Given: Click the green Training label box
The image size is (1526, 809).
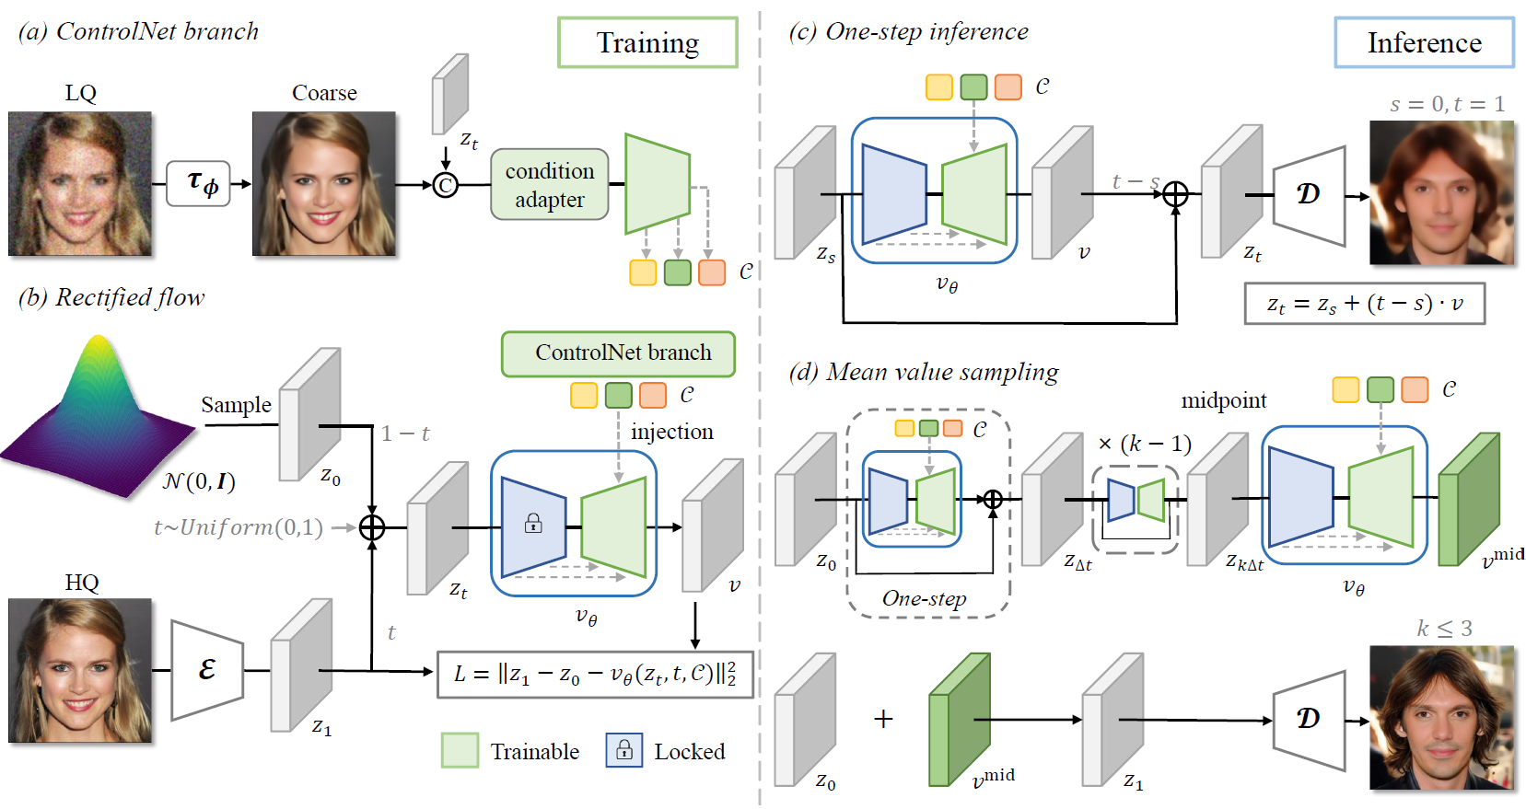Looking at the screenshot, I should point(647,42).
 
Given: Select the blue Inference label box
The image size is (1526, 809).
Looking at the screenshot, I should point(1424,42).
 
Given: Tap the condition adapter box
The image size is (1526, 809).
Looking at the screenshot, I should point(550,185).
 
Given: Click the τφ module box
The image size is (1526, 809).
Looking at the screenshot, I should point(198,183).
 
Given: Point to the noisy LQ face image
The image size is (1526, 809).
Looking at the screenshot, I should point(80,184).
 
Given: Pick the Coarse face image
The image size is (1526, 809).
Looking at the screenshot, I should point(324,184).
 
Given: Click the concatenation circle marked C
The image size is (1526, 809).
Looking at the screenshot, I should point(446,186).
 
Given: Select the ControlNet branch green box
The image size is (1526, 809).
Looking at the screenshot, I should point(618,353).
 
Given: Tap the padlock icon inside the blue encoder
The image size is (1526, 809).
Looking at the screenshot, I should point(533,524).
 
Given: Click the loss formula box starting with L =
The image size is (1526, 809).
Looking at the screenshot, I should point(595,675).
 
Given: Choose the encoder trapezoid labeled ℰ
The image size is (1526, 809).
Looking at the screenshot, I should point(207,670).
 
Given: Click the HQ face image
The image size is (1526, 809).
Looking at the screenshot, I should point(80,671).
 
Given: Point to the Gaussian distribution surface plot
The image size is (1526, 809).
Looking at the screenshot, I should point(97,419).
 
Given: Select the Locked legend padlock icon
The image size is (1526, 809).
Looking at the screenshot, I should point(623,750).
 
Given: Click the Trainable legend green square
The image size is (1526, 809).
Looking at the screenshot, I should point(460,750).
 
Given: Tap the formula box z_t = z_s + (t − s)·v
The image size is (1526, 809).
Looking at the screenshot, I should point(1364,304).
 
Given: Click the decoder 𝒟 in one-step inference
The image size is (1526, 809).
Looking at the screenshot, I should point(1309,195).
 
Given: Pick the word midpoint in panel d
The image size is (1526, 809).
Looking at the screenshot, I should point(1223,400).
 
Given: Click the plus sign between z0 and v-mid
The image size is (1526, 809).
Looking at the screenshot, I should point(883,719).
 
